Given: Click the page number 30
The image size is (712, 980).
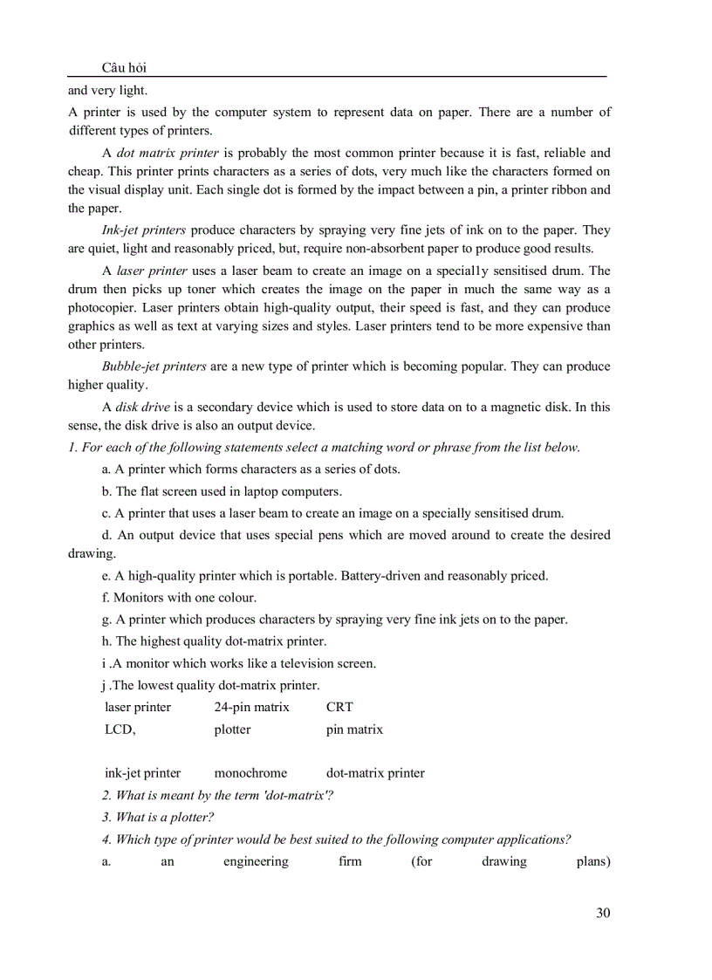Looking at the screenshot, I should click(x=603, y=913).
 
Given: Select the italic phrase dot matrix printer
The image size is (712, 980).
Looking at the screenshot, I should click(x=168, y=153).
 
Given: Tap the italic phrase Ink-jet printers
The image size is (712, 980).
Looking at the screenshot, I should click(x=143, y=230).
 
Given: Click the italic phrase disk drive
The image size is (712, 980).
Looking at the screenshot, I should click(x=145, y=407).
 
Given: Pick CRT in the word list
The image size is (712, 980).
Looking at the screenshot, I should click(x=339, y=707).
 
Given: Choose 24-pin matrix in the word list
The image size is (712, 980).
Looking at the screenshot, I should click(x=251, y=707).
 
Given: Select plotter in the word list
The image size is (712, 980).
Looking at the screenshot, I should click(x=232, y=730).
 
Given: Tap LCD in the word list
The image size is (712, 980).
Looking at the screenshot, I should click(x=120, y=730).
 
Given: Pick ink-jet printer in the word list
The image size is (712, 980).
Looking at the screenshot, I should click(x=143, y=773).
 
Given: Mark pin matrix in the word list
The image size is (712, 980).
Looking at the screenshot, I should click(x=354, y=730).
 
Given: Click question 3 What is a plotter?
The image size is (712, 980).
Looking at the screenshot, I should click(x=158, y=818).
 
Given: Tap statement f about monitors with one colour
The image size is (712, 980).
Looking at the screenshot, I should click(x=179, y=598).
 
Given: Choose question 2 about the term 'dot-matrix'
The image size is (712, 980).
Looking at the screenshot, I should click(x=217, y=796).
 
